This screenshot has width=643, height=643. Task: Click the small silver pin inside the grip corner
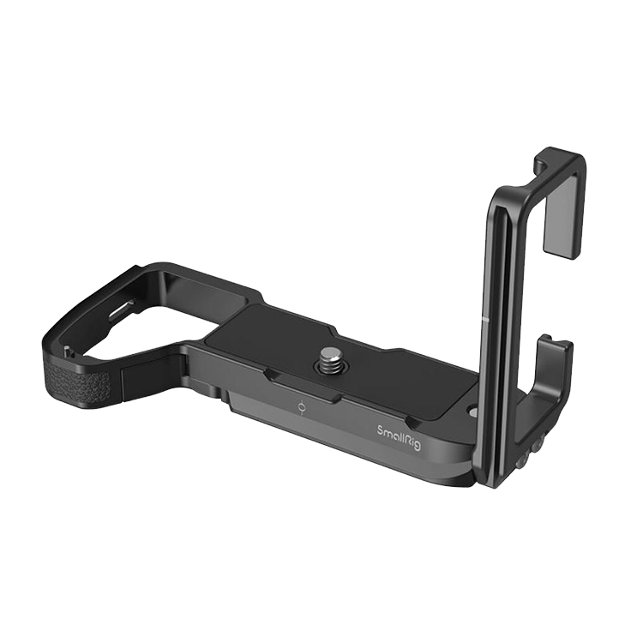(66, 350)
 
